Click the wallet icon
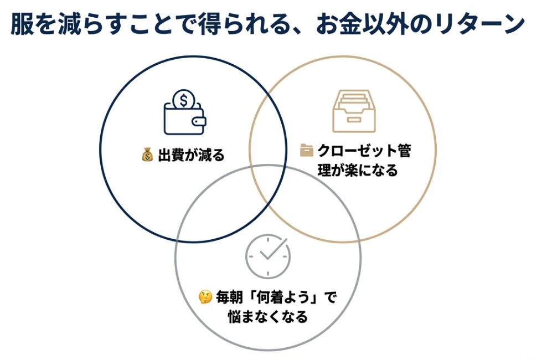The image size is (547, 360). point(184,117)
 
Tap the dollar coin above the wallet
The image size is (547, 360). point(184,100)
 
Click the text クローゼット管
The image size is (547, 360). point(364,150)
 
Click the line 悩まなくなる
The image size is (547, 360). point(268,317)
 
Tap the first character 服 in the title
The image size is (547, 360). point(22,25)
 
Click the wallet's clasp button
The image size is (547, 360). point(199,121)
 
